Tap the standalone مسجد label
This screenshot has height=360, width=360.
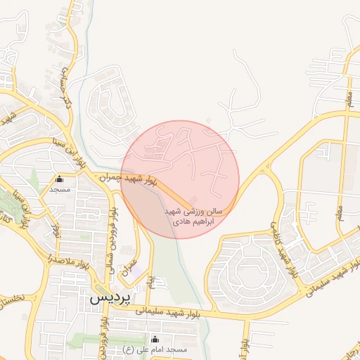tap(59, 189)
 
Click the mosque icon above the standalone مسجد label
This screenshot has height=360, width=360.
tap(59, 179)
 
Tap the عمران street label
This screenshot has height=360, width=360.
tap(127, 264)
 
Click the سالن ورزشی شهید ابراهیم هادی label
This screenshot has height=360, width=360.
tap(193, 216)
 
